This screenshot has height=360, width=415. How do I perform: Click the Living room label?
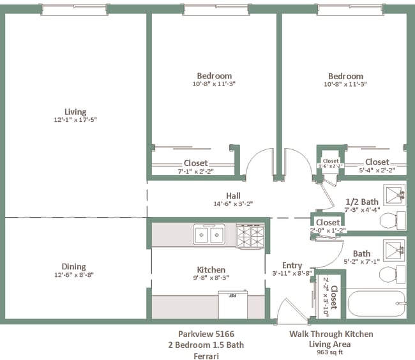click(x=75, y=112)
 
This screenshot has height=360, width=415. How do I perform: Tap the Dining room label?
click(x=73, y=267)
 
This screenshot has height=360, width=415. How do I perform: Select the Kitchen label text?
click(x=211, y=269)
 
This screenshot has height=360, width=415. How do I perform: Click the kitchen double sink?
click(x=209, y=235)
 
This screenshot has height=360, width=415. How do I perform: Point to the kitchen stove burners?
click(x=250, y=236)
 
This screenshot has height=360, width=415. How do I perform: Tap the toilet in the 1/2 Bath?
click(x=389, y=221)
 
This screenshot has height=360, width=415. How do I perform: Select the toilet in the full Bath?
click(x=389, y=274)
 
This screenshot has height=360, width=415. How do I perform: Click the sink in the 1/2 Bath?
click(x=393, y=193)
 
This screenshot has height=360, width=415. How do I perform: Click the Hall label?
click(x=233, y=196)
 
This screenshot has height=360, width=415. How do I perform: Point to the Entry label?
click(x=292, y=266)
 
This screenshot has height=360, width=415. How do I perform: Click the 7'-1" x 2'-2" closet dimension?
click(x=195, y=170)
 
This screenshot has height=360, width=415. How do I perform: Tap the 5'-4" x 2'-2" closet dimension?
click(x=377, y=170)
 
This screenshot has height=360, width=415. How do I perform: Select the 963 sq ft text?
click(x=331, y=352)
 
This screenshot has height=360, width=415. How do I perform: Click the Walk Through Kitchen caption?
click(x=331, y=334)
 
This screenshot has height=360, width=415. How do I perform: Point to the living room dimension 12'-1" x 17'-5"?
click(x=75, y=119)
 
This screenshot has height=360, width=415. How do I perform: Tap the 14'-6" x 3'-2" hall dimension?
click(x=233, y=204)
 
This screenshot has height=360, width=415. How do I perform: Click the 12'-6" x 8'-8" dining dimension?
click(x=73, y=275)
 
